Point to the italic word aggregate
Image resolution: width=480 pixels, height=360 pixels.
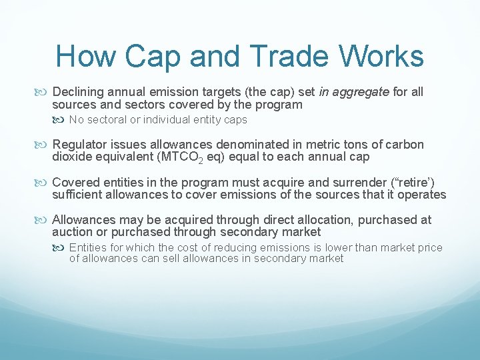tap(361, 91)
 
